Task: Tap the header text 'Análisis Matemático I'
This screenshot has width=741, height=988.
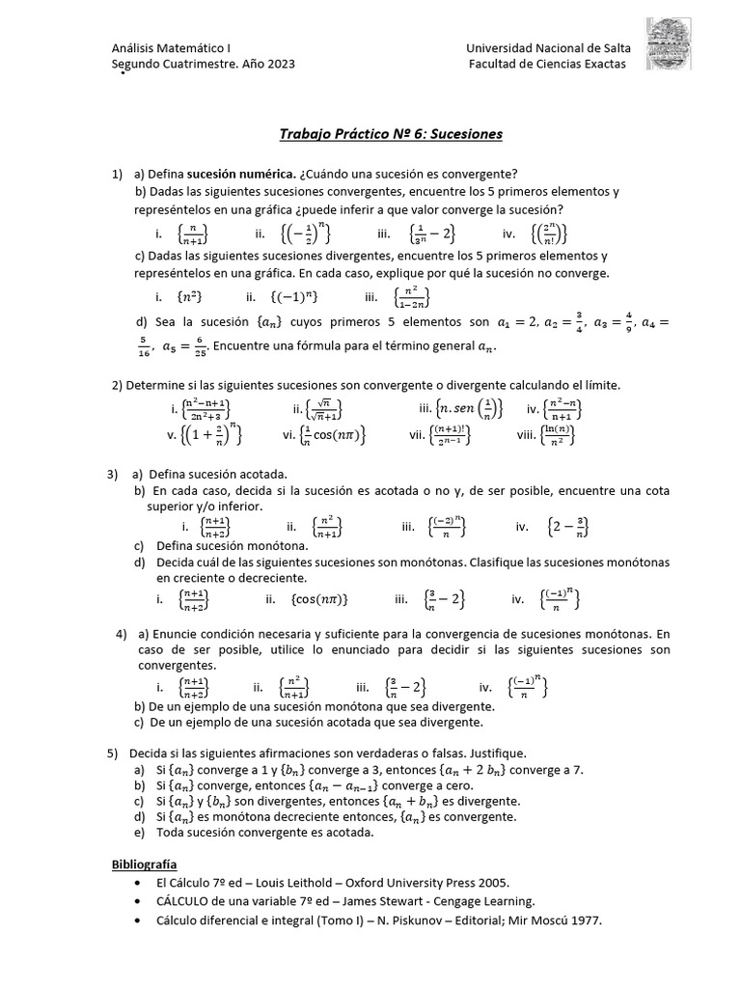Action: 172,47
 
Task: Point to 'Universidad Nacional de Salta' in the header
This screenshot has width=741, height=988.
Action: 546,47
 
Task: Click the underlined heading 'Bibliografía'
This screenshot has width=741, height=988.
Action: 145,864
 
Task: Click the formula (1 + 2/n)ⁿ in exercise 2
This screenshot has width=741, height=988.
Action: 205,435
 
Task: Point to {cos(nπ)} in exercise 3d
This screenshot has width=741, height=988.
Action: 318,599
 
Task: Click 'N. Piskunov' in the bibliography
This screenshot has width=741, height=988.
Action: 376,920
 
